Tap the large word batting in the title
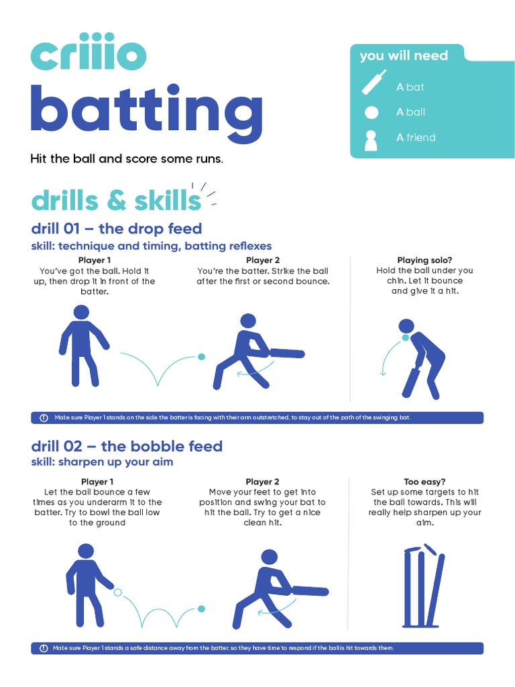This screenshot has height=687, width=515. pyautogui.click(x=147, y=109)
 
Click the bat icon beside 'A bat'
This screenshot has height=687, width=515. pyautogui.click(x=374, y=83)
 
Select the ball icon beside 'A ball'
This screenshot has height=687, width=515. pyautogui.click(x=371, y=113)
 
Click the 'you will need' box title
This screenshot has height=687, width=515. pyautogui.click(x=404, y=56)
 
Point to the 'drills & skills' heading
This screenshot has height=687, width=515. pyautogui.click(x=116, y=201)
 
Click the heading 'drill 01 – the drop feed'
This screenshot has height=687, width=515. pyautogui.click(x=117, y=229)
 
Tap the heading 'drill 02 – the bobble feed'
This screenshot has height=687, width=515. pyautogui.click(x=127, y=446)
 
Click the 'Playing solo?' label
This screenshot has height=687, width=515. pyautogui.click(x=424, y=260)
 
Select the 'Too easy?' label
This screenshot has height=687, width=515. pyautogui.click(x=424, y=482)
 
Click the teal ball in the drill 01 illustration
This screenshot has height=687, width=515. pyautogui.click(x=201, y=357)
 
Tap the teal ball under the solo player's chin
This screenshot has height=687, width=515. pyautogui.click(x=406, y=337)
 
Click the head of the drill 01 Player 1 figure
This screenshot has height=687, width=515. pyautogui.click(x=81, y=313)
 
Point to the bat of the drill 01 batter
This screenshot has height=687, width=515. pyautogui.click(x=287, y=353)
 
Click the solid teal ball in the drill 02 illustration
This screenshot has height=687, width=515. pyautogui.click(x=201, y=609)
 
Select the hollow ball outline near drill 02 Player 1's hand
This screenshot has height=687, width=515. pyautogui.click(x=117, y=592)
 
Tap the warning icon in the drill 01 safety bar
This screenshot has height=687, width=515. pyautogui.click(x=44, y=417)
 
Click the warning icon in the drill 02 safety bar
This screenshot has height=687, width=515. pyautogui.click(x=44, y=648)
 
